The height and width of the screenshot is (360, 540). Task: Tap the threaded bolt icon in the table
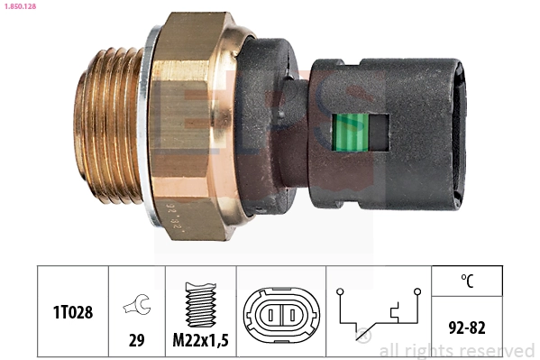pyautogui.click(x=199, y=302)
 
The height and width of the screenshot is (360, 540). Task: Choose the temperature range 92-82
pyautogui.click(x=466, y=327)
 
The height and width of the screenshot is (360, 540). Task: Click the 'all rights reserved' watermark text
pyautogui.click(x=456, y=350)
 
